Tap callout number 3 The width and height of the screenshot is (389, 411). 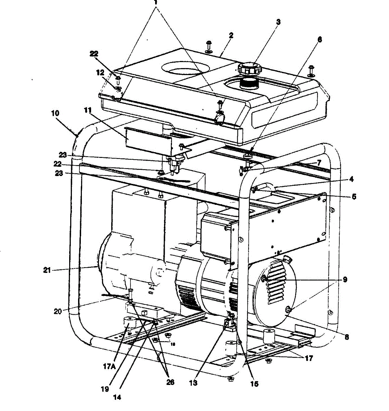[278, 22]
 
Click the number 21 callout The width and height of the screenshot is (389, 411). [47, 271]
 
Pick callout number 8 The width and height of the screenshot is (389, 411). [347, 337]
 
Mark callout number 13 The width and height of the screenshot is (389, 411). [193, 383]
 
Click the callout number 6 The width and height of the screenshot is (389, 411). [319, 39]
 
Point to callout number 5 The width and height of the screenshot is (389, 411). [354, 197]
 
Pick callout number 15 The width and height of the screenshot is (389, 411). [254, 384]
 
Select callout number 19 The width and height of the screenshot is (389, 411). [105, 389]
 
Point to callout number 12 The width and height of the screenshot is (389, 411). [100, 73]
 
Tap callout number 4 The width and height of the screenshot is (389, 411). [351, 179]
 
